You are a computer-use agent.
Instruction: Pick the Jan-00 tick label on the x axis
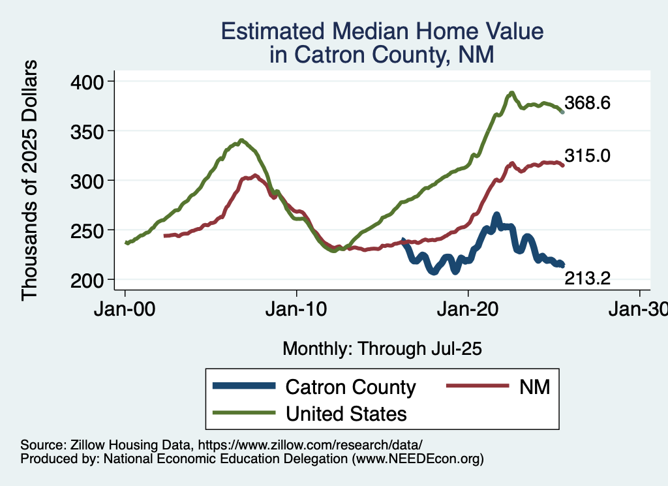(x=125, y=310)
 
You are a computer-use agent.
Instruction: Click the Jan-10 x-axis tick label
(x=297, y=310)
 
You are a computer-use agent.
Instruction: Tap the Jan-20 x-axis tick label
(x=469, y=310)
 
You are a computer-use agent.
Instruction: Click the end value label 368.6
(x=587, y=103)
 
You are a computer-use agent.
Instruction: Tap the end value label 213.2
(x=587, y=279)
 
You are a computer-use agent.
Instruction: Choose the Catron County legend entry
(x=350, y=387)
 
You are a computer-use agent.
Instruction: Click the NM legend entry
(x=534, y=387)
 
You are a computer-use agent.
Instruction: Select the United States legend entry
(x=346, y=413)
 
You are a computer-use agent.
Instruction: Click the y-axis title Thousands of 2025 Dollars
(x=31, y=180)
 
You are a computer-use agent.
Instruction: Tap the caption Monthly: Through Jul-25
(x=382, y=349)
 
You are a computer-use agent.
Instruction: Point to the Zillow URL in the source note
(x=311, y=444)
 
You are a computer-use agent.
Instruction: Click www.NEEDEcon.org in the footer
(x=417, y=459)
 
